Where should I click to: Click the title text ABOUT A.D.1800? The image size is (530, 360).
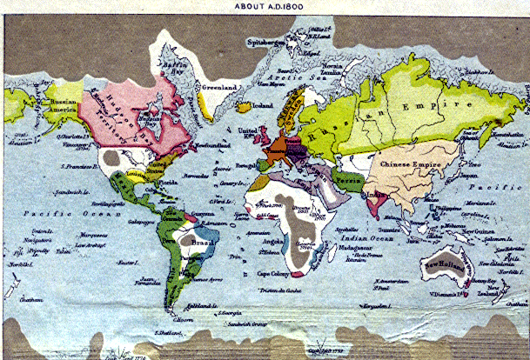[x=268, y=5]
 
